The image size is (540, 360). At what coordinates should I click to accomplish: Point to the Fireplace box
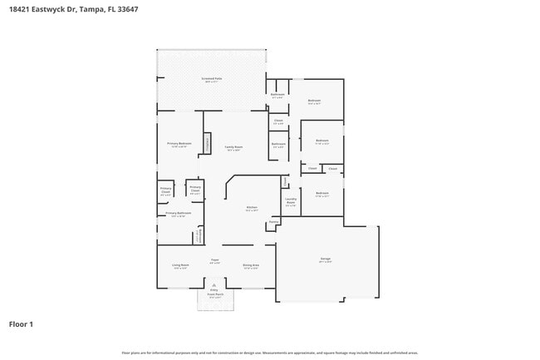point(209,145)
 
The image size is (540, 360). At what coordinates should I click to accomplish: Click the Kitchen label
point(251,208)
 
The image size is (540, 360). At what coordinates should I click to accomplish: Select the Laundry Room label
point(291,200)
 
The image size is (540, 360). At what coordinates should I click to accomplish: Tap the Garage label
point(326,259)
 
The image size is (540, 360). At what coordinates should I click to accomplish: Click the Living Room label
point(179,266)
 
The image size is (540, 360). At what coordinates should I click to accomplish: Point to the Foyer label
point(214,260)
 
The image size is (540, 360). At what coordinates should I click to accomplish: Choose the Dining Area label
point(251,266)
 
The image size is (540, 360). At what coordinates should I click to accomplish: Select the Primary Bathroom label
point(178,214)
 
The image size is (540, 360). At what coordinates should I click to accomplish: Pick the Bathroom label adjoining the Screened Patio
point(277,95)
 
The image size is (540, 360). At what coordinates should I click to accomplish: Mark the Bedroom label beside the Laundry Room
point(322,194)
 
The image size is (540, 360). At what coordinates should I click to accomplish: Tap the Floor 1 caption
point(21,323)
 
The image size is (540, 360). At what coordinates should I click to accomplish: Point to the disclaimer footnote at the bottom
point(269,353)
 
